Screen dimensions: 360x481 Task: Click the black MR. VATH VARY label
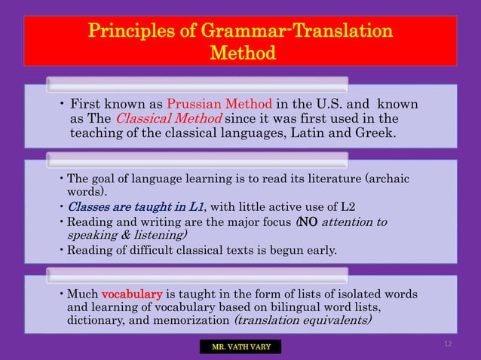click(240, 346)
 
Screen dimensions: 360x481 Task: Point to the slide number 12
click(448, 343)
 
